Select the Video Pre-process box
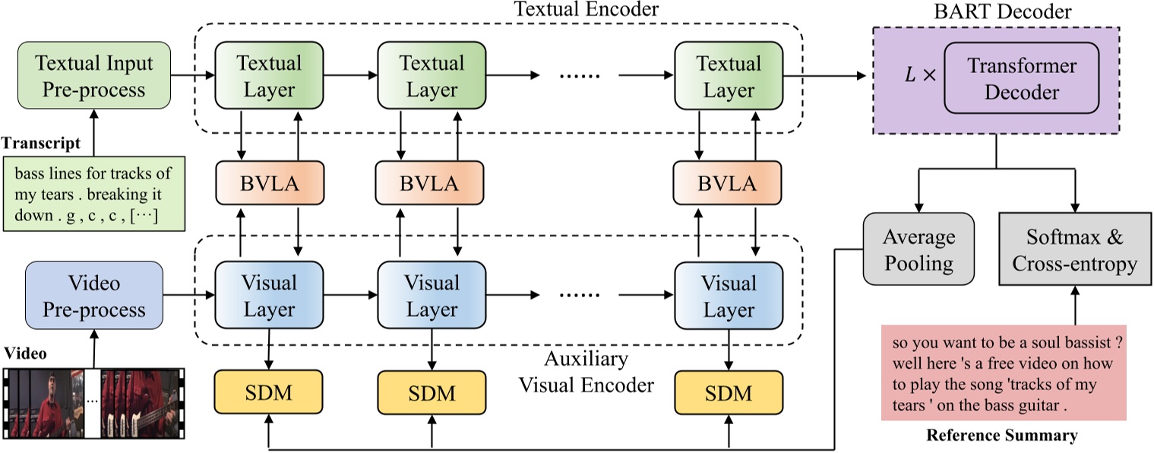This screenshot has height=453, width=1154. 94,296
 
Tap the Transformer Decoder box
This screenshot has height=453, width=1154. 1022,78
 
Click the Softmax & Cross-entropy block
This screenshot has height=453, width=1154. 1074,250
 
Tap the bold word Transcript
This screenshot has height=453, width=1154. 39,143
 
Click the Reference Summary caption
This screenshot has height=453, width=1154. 1001,436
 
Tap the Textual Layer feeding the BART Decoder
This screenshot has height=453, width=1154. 728,76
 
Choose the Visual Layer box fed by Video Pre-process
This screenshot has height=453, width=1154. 269,296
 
